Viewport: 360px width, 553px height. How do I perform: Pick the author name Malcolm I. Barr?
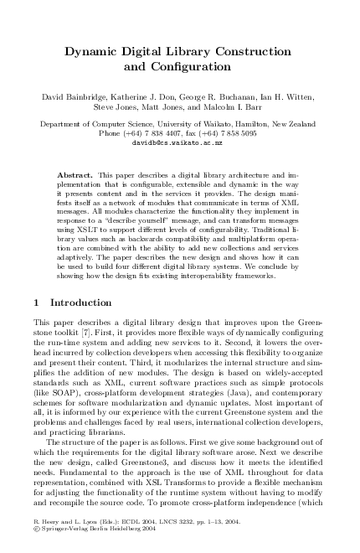pos(240,108)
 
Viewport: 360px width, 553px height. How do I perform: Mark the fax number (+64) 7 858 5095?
pos(230,133)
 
